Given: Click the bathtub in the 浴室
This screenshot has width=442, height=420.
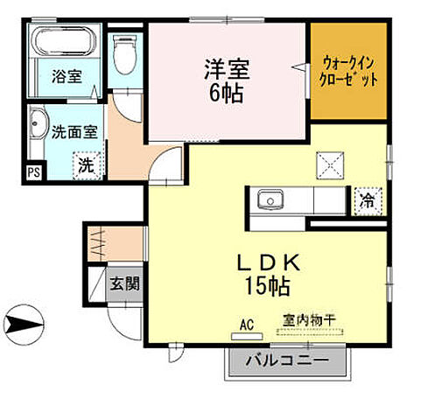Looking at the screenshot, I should point(66,43).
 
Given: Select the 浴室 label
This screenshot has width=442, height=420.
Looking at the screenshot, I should point(67,76).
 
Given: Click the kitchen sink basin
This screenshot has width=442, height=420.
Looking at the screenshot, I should point(270,200).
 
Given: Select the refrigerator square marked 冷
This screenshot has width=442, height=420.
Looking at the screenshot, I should point(366,201).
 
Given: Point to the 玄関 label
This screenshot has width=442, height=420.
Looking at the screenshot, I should point(123,283).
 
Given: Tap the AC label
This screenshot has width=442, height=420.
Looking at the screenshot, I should point(246,325).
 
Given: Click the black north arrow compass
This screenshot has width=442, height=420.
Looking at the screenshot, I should point(26,324).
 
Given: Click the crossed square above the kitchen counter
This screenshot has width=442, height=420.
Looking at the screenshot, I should point(332,164).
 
